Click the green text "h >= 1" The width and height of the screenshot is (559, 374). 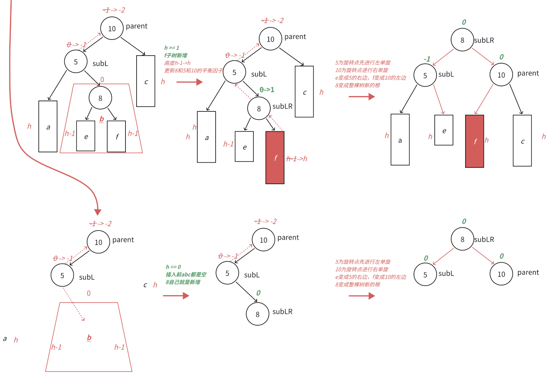tap(172, 48)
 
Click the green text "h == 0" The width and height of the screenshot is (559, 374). tap(173, 267)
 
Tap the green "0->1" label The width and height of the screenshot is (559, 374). tap(267, 90)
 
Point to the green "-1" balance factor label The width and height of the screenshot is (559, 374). tap(427, 59)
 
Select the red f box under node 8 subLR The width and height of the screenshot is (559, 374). tap(275, 157)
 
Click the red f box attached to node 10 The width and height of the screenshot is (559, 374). tap(475, 141)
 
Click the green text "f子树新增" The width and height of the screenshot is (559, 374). tap(176, 55)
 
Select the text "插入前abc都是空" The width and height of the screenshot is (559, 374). tap(186, 274)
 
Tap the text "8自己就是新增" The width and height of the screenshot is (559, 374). tap(183, 282)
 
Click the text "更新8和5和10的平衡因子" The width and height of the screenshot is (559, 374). tap(194, 71)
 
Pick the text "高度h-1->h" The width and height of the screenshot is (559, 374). tap(177, 63)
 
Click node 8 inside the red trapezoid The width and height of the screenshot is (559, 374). tap(100, 98)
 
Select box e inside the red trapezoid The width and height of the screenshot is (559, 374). tap(86, 136)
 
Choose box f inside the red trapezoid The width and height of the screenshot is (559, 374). tap(116, 136)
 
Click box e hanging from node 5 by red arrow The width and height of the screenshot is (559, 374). tap(444, 130)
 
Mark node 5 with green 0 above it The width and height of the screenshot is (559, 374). tap(425, 274)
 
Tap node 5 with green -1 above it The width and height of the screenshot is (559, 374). tap(425, 75)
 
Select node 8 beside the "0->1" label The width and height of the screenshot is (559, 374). tap(259, 108)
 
